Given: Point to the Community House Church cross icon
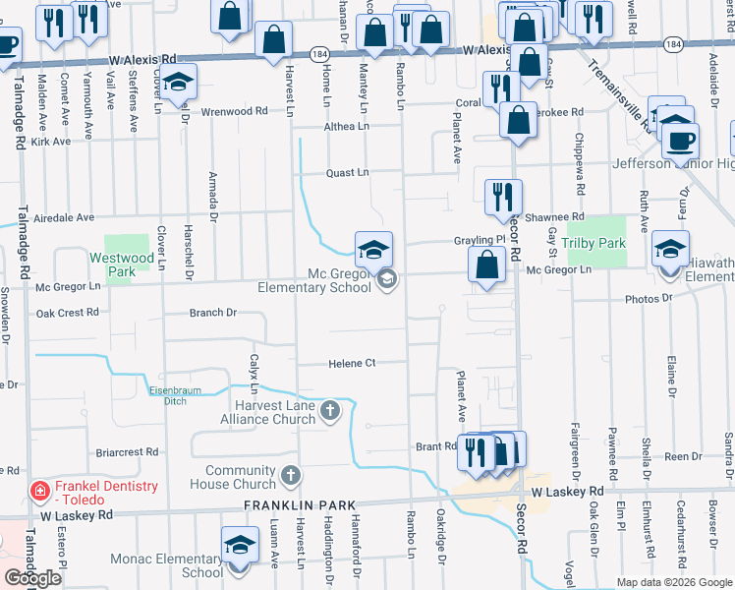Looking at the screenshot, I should [x=289, y=476].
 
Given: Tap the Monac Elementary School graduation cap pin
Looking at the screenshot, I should [x=240, y=545].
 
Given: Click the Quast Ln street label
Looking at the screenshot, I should [x=348, y=172].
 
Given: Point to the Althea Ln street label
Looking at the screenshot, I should [x=348, y=127].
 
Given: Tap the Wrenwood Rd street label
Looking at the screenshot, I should [x=234, y=111].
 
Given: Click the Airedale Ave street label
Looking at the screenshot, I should [x=64, y=217].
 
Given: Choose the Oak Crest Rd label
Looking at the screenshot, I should [x=67, y=313].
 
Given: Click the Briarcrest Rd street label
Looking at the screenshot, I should [x=128, y=452].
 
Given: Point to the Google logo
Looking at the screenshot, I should [x=32, y=578].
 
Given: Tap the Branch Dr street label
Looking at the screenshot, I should [x=213, y=313].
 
